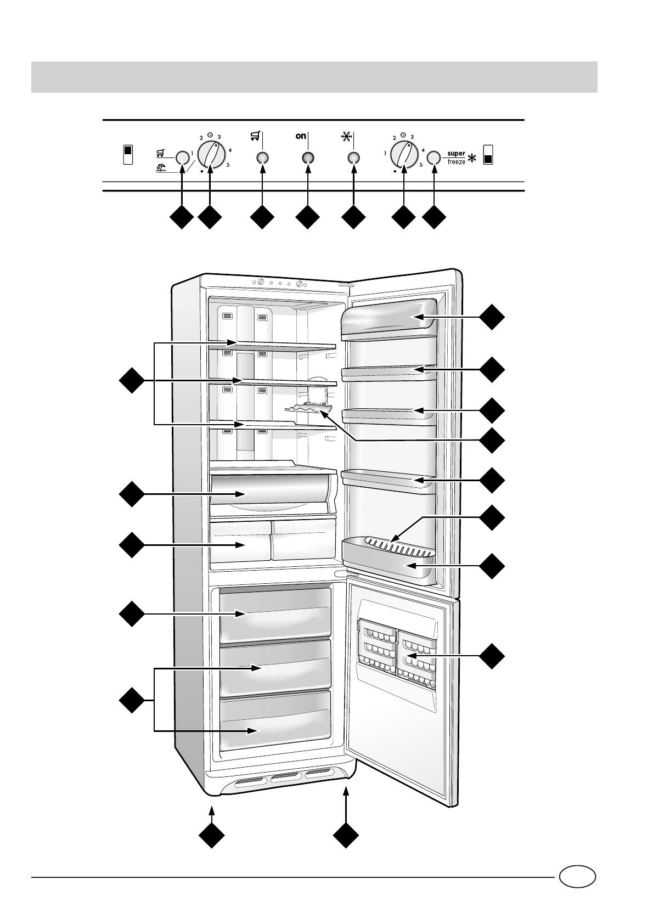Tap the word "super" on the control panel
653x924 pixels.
pos(456,154)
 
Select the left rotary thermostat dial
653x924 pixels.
pos(211,154)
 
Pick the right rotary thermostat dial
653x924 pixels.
pos(404,154)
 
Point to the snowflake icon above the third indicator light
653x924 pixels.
pos(347,137)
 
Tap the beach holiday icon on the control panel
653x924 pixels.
pos(161,168)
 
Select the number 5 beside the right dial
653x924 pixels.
pos(421,165)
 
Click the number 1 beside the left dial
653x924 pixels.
pos(192,154)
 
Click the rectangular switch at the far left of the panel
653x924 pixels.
pos(127,155)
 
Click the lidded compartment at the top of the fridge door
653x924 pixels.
pos(389,317)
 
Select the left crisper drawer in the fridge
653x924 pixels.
pos(240,541)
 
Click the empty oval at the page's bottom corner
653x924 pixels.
pos(577,876)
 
